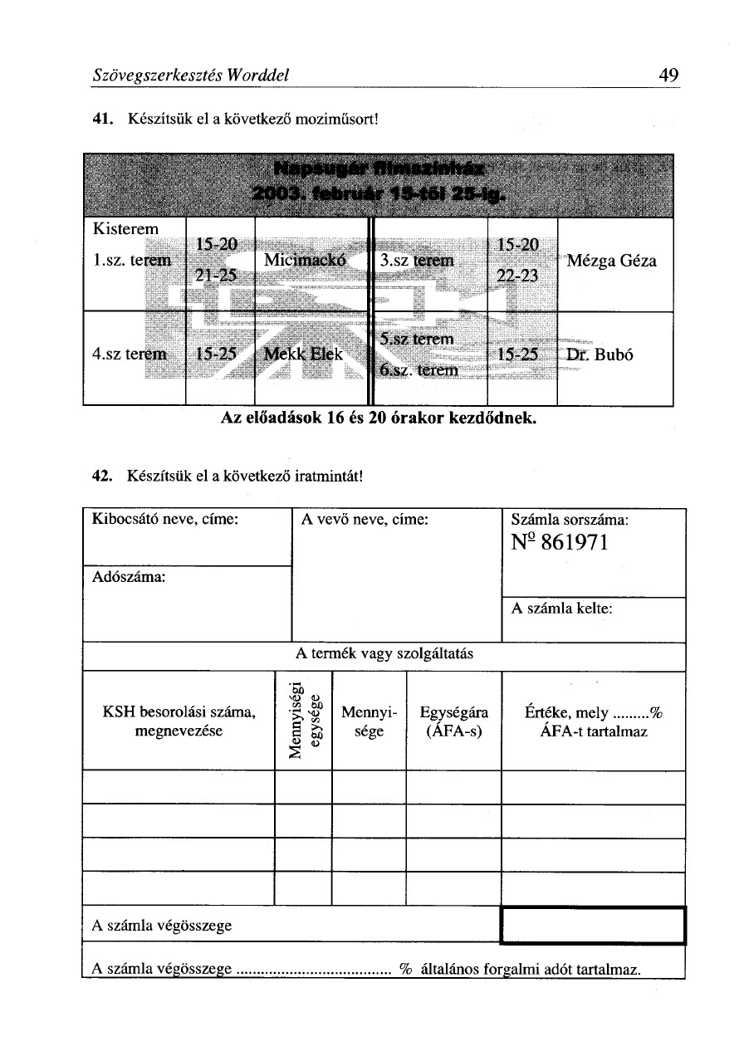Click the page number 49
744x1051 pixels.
tap(669, 76)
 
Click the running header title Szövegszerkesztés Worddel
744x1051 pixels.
tap(189, 76)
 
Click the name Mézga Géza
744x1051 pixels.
tap(613, 261)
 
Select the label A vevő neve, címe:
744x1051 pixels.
tap(365, 521)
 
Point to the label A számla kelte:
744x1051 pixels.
tap(563, 609)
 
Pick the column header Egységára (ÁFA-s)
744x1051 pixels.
tap(454, 721)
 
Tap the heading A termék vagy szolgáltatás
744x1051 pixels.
tap(384, 653)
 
